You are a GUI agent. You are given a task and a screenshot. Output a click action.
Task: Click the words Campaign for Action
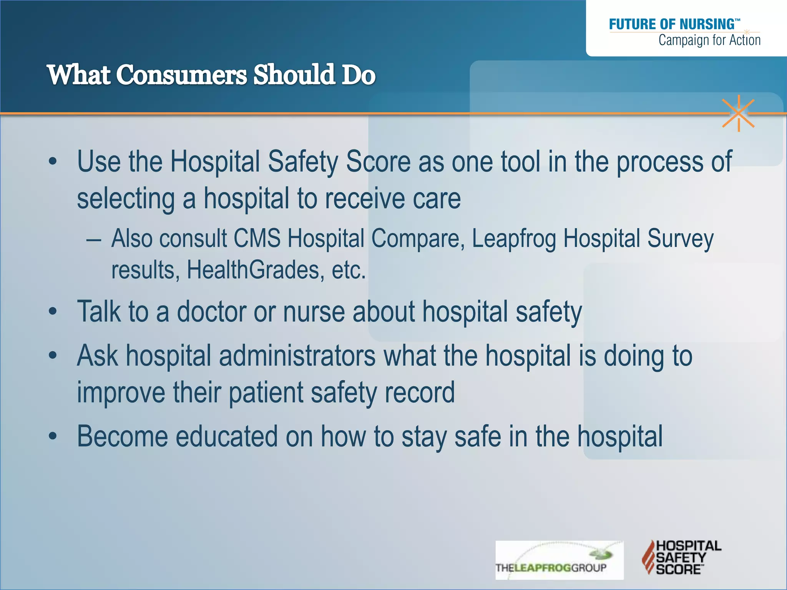click(x=709, y=40)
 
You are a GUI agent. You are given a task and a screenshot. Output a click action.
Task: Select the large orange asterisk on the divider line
click(x=738, y=113)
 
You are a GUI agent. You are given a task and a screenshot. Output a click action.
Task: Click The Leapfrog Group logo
click(x=559, y=560)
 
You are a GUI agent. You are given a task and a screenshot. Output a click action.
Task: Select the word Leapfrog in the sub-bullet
click(x=514, y=239)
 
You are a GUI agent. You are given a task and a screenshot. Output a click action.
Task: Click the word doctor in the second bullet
click(x=211, y=312)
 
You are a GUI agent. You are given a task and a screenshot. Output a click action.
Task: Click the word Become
click(x=123, y=437)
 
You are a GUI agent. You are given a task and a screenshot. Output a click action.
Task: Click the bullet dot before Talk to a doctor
click(x=53, y=312)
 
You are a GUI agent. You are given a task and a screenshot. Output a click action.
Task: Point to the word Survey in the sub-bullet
click(x=680, y=239)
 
